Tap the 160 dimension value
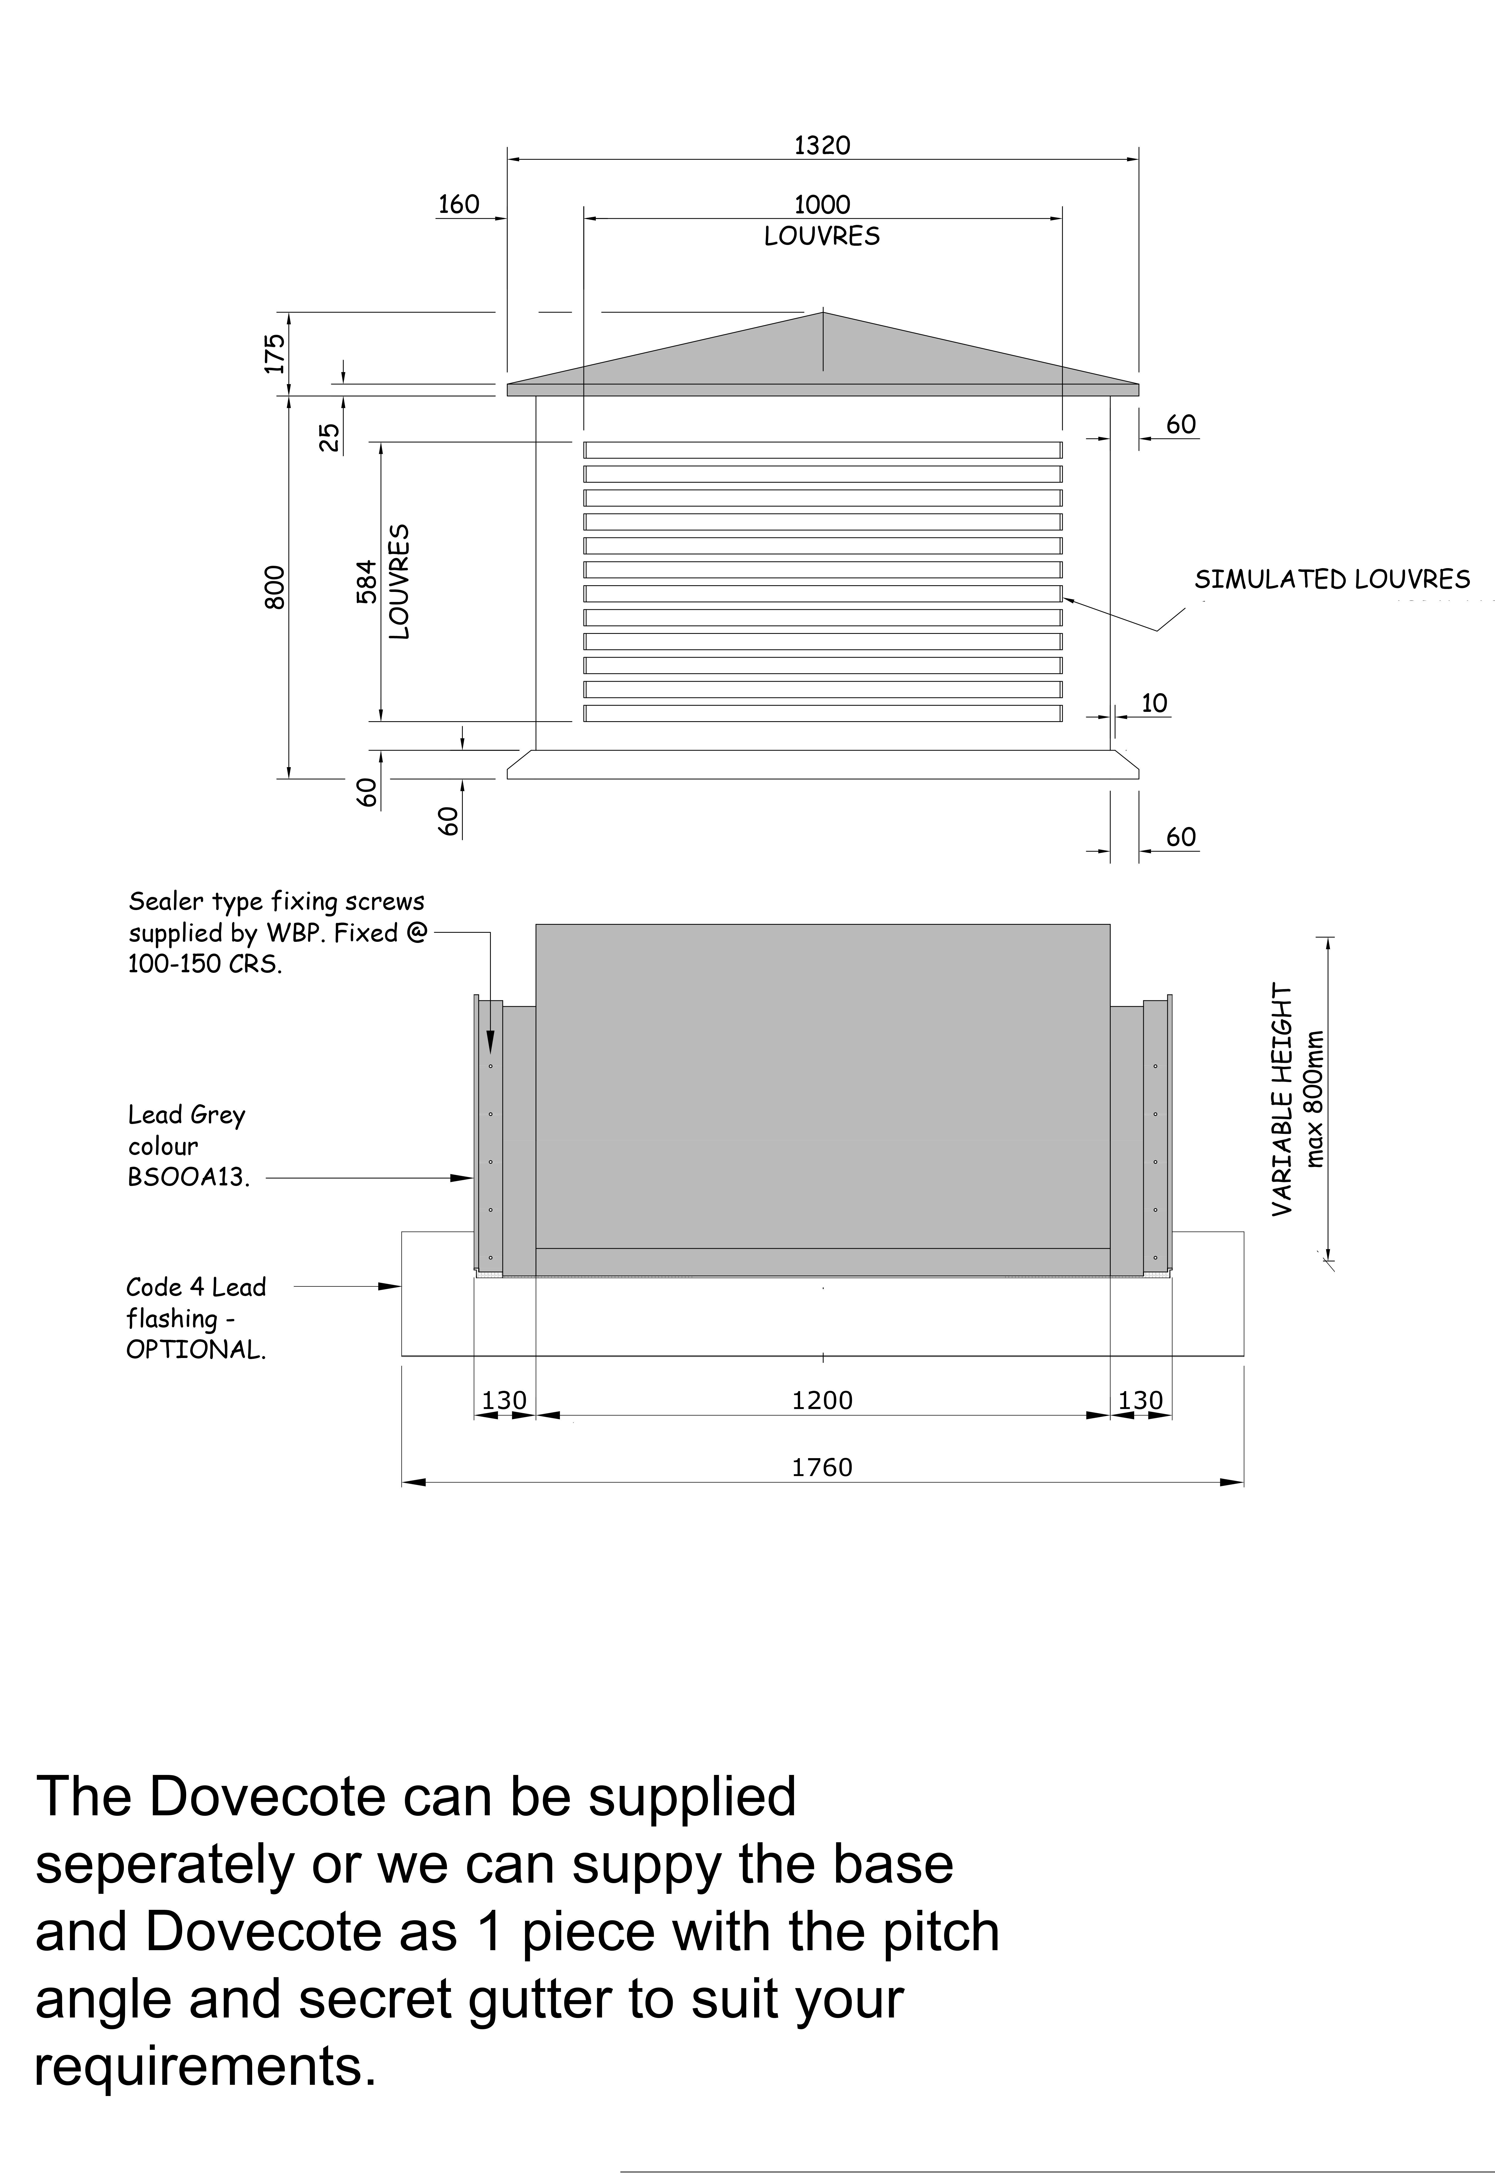(458, 204)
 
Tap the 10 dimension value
(1155, 704)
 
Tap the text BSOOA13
(188, 1177)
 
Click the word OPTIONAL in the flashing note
(196, 1350)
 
